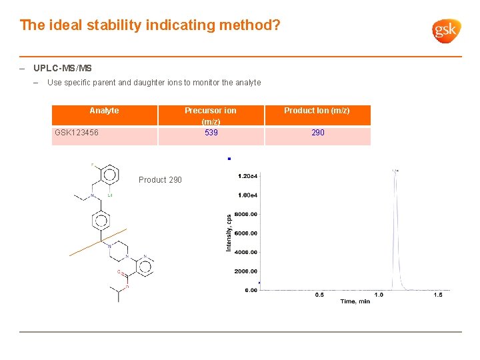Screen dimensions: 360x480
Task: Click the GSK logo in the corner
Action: click(x=447, y=31)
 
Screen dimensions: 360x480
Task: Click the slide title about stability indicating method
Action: click(x=150, y=25)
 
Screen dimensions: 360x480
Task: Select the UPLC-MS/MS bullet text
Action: click(x=63, y=68)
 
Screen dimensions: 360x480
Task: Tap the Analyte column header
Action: click(x=104, y=111)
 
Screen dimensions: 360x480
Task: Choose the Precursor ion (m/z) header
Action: click(x=211, y=115)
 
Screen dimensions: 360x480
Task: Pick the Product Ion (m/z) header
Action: click(x=317, y=111)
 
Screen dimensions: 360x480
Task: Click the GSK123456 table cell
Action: click(x=77, y=133)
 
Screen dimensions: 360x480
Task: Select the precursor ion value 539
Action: click(x=211, y=133)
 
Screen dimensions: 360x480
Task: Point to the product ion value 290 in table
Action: click(x=318, y=133)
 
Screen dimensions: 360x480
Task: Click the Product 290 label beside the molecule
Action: click(x=160, y=180)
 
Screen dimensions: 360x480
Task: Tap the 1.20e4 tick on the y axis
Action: click(x=247, y=176)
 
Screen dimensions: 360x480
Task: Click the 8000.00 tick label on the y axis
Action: click(x=245, y=214)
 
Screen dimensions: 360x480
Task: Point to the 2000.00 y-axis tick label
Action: click(x=245, y=271)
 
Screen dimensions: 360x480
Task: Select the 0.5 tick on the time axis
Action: click(x=319, y=295)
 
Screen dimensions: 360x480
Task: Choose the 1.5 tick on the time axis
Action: click(x=438, y=295)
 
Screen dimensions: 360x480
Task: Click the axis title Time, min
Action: click(x=355, y=302)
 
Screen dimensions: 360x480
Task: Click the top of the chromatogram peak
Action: click(x=395, y=171)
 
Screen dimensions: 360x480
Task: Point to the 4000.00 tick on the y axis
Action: click(x=245, y=252)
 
